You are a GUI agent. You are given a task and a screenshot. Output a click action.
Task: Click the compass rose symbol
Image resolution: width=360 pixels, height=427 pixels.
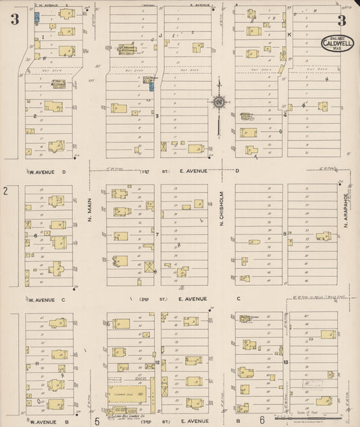[x=220, y=102]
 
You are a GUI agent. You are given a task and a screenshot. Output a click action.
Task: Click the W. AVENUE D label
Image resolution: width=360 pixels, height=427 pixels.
[x=51, y=172]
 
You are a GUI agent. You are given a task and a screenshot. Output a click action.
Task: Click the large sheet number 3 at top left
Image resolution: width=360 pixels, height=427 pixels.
[x=14, y=20]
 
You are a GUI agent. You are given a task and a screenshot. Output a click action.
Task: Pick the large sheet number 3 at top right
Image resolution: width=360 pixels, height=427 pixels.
[x=342, y=20]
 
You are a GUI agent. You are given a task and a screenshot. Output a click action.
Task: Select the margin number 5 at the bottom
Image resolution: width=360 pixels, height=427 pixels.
[x=97, y=422]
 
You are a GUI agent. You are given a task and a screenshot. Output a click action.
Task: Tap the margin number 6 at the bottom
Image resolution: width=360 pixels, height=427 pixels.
[x=261, y=421]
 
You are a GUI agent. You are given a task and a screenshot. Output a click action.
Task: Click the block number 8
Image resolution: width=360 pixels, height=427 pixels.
[x=286, y=234]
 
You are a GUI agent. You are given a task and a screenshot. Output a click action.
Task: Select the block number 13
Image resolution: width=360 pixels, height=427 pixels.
[x=286, y=362]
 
